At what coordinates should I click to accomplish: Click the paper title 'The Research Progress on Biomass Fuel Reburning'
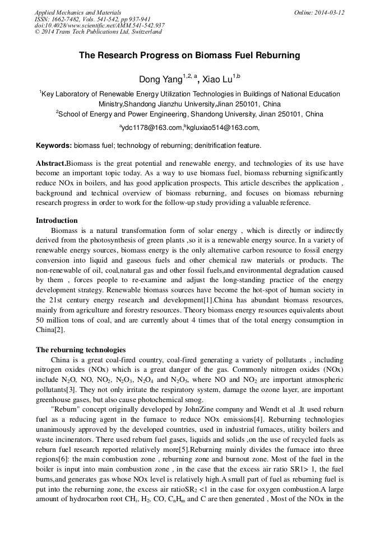[x=189, y=55]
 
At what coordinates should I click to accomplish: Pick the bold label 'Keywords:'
[x=54, y=146]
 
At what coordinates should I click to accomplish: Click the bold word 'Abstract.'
[x=51, y=163]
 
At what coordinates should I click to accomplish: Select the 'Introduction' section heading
[x=57, y=220]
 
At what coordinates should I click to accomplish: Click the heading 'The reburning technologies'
[x=81, y=349]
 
